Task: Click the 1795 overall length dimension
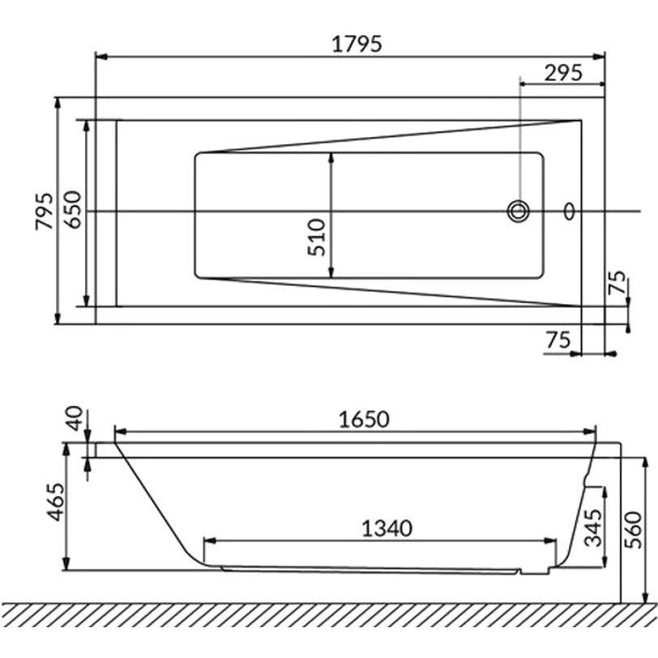[x=357, y=44]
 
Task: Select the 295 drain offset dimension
[x=563, y=73]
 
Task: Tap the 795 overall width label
[x=45, y=211]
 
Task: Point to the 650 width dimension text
[x=73, y=209]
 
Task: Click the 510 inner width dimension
[x=316, y=237]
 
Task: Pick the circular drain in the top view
[x=519, y=211]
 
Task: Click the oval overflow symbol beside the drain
[x=569, y=211]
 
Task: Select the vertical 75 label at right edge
[x=617, y=282]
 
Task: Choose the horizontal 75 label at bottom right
[x=558, y=340]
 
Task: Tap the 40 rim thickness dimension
[x=75, y=418]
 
